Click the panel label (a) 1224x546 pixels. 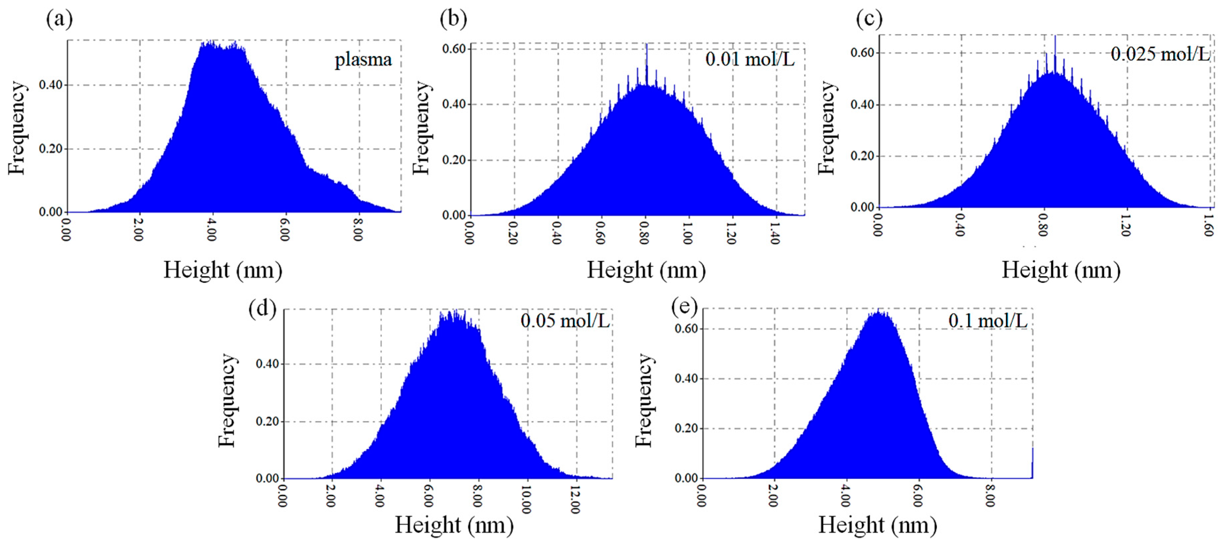pyautogui.click(x=59, y=20)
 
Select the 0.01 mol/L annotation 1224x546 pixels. pyautogui.click(x=750, y=59)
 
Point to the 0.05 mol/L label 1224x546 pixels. pyautogui.click(x=565, y=321)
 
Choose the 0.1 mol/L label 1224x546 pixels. pyautogui.click(x=988, y=321)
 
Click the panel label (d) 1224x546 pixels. pyautogui.click(x=262, y=309)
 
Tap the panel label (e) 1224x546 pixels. pyautogui.click(x=685, y=307)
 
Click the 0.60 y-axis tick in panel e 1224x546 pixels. pyautogui.click(x=686, y=329)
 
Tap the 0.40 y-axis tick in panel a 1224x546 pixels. pyautogui.click(x=50, y=85)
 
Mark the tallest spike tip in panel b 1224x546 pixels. pyautogui.click(x=647, y=45)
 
